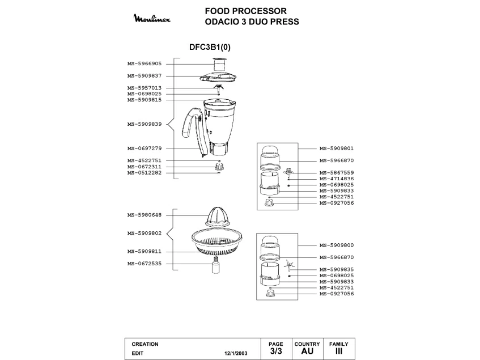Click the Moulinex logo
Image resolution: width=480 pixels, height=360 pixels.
tap(155, 19)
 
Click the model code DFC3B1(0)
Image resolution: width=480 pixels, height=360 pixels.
tap(209, 48)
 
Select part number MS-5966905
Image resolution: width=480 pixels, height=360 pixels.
tap(145, 64)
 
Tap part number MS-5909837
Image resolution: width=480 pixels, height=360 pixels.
tap(145, 75)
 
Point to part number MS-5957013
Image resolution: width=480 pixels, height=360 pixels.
tap(145, 88)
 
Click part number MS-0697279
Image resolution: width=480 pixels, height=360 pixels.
tap(145, 149)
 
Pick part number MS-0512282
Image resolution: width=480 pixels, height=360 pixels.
tap(145, 172)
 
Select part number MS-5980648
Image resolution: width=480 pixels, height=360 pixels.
tap(145, 215)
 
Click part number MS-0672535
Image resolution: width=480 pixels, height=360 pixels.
tap(145, 263)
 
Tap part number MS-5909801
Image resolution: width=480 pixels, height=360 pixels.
tap(337, 149)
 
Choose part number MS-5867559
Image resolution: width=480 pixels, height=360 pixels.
tap(337, 172)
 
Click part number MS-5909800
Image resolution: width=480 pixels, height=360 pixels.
tap(337, 245)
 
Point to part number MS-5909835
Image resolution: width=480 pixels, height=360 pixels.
tap(337, 269)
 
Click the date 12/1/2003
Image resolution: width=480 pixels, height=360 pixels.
tap(236, 353)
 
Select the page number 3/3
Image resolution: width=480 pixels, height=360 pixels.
tap(275, 351)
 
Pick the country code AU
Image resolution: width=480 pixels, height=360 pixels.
tap(307, 351)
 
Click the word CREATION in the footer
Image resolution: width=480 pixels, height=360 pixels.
tap(145, 344)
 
